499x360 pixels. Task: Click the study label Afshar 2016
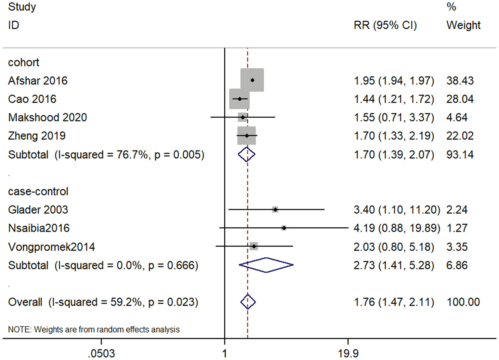pos(38,81)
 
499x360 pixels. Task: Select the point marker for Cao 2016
pos(240,99)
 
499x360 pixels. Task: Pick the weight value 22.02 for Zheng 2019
pos(460,136)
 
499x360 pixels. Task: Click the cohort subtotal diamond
pos(246,154)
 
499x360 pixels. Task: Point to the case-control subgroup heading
pos(38,191)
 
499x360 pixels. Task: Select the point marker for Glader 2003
pos(275,210)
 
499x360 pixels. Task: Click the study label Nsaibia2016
pos(39,228)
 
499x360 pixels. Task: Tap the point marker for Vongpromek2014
pos(254,247)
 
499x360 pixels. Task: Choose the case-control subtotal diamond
pos(266,265)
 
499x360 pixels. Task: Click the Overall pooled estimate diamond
pos(248,302)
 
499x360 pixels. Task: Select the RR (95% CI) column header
pos(385,25)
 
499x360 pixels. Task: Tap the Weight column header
pos(463,25)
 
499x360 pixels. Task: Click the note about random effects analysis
pos(94,329)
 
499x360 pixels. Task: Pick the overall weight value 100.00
pos(463,302)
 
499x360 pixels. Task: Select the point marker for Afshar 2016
pos(252,80)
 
